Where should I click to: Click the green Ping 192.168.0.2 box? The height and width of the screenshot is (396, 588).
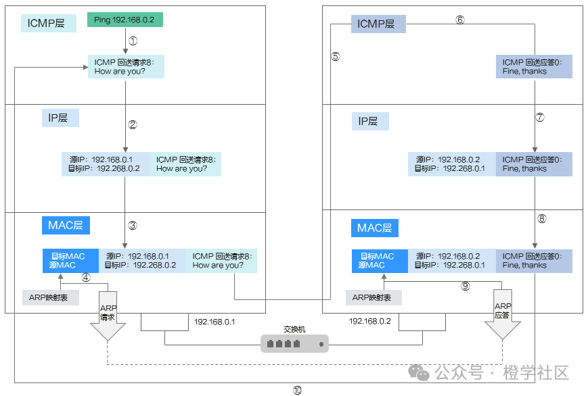click(125, 20)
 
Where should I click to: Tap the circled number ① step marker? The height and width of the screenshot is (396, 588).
click(133, 41)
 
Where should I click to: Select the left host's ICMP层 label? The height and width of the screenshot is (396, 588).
click(48, 23)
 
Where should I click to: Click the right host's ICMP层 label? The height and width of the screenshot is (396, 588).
click(378, 24)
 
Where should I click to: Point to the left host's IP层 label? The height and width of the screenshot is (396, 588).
click(60, 118)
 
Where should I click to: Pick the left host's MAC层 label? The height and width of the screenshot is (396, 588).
click(66, 225)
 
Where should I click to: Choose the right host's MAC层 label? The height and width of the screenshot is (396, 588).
click(375, 228)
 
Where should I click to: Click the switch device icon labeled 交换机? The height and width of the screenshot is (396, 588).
click(294, 343)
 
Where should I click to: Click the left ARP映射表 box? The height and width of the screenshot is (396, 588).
click(51, 297)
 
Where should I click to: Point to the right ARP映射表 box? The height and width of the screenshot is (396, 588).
click(374, 297)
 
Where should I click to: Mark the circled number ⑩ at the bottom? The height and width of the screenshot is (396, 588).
click(297, 391)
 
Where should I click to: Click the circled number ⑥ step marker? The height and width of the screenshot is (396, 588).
click(460, 20)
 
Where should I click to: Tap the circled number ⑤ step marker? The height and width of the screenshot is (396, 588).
click(336, 56)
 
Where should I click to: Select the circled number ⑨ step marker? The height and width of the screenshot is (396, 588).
click(466, 287)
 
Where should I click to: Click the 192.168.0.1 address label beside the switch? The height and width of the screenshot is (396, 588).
click(214, 322)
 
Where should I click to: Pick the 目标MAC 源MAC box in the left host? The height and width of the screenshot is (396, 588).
click(70, 261)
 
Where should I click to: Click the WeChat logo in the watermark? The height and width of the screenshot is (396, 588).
click(418, 373)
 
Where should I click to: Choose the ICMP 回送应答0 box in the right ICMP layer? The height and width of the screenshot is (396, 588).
click(534, 67)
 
